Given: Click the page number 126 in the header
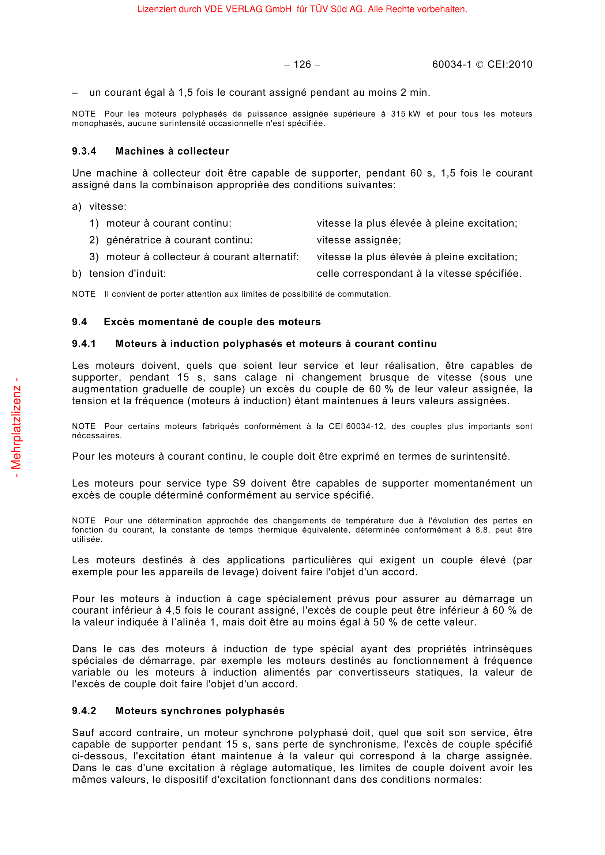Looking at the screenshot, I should pyautogui.click(x=302, y=64).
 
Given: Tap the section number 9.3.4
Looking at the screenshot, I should pyautogui.click(x=84, y=151).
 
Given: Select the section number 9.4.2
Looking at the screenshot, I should pyautogui.click(x=84, y=711).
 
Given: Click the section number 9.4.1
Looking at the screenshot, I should pyautogui.click(x=84, y=344).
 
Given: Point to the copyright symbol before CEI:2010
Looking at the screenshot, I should pyautogui.click(x=480, y=65).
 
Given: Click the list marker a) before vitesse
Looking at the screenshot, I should pyautogui.click(x=76, y=207).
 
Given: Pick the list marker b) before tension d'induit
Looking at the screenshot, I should pyautogui.click(x=76, y=274).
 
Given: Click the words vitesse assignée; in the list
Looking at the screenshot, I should pyautogui.click(x=359, y=240).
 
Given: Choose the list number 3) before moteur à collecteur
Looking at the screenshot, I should pyautogui.click(x=94, y=257).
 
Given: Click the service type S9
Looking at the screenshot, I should pyautogui.click(x=239, y=483).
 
